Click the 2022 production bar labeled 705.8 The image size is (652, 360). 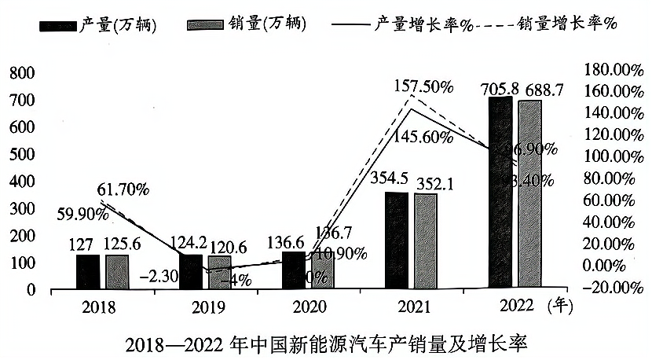click(x=500, y=193)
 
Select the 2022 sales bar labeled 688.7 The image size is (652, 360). click(x=529, y=194)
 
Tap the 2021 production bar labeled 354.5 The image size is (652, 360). click(x=397, y=241)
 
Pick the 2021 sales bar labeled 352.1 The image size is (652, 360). click(x=425, y=241)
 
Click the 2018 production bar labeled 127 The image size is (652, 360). click(x=88, y=272)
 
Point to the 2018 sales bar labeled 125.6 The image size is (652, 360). click(x=117, y=272)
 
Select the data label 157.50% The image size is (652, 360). click(x=425, y=86)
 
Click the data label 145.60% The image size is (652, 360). click(x=425, y=138)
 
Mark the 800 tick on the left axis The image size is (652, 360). click(x=22, y=73)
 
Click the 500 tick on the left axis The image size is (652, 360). click(x=22, y=155)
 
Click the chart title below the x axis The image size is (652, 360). click(x=325, y=344)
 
